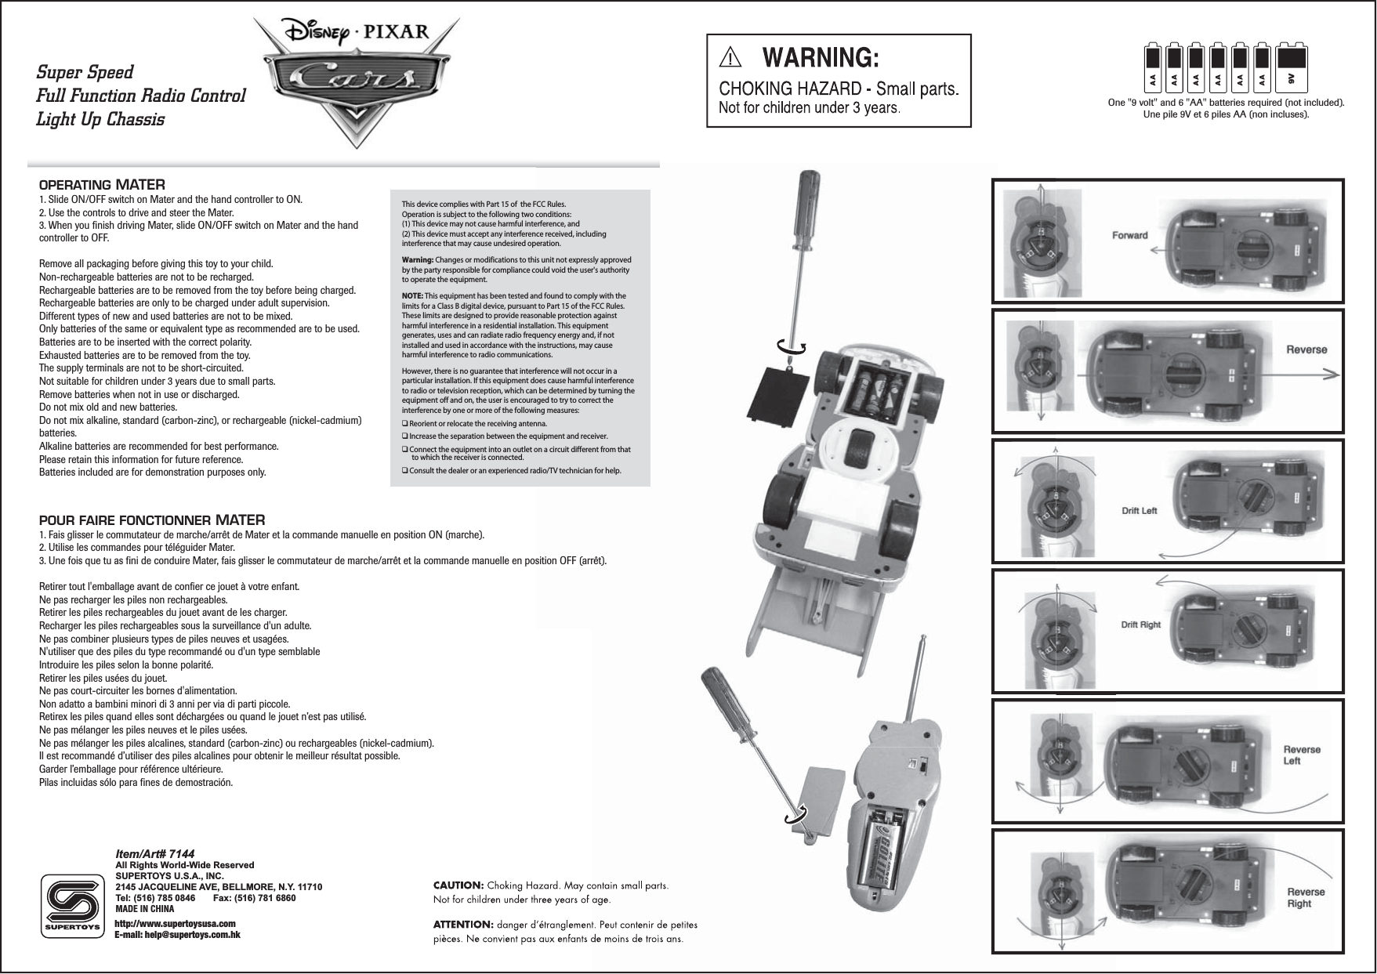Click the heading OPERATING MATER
point(102,186)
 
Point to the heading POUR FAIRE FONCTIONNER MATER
point(152,520)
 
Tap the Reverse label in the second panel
point(1306,349)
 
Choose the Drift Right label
point(1140,625)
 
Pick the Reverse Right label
point(1306,897)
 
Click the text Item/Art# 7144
point(154,853)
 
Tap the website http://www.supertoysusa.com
point(175,925)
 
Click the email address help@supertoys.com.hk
point(177,935)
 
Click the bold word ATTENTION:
point(462,925)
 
